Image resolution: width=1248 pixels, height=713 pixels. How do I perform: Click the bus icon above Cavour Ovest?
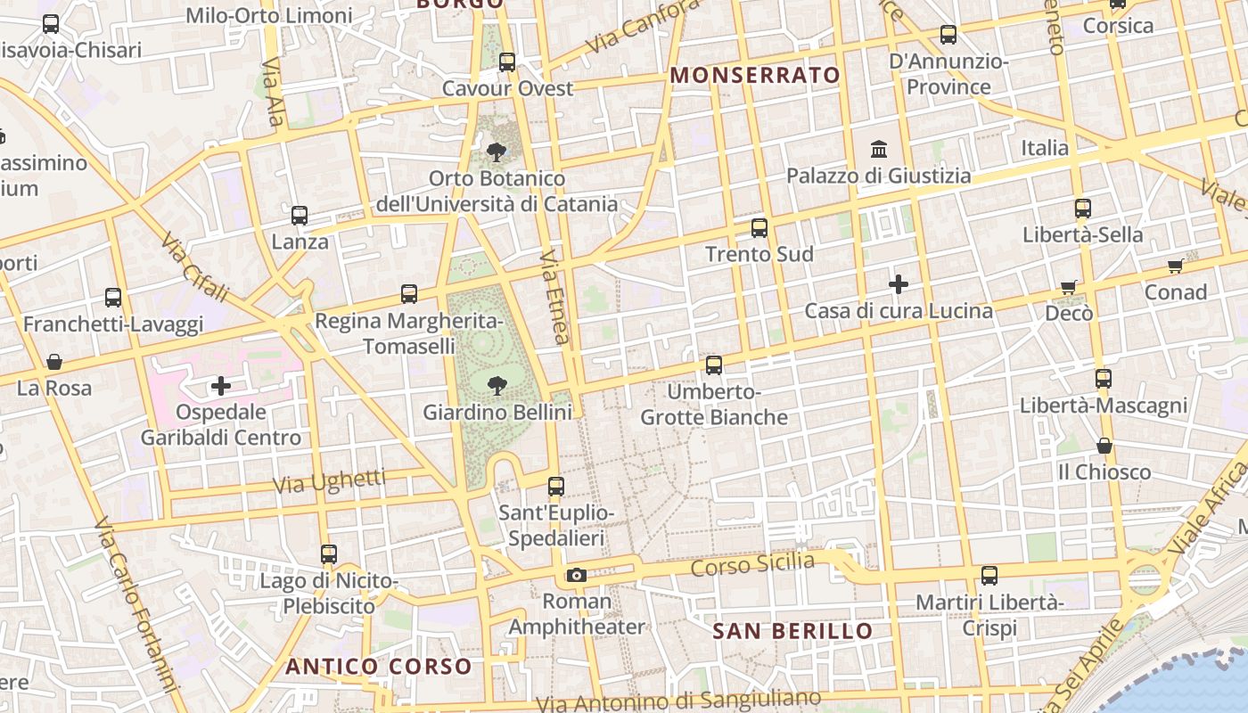click(x=507, y=62)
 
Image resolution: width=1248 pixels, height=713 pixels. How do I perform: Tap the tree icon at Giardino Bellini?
click(x=497, y=385)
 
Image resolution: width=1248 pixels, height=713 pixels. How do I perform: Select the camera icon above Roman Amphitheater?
click(x=577, y=575)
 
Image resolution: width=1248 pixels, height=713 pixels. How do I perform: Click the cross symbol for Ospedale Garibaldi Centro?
click(x=220, y=386)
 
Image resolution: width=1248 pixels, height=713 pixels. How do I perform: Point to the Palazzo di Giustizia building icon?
click(x=879, y=149)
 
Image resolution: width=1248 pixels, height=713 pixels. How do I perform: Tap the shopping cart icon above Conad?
click(x=1175, y=266)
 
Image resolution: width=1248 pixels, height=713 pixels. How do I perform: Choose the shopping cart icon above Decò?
click(x=1069, y=287)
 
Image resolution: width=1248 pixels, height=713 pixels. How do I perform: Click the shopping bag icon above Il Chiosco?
click(x=1104, y=446)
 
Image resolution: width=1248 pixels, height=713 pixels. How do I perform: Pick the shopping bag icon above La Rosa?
click(x=54, y=362)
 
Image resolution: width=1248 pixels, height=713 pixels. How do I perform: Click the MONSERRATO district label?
click(x=755, y=75)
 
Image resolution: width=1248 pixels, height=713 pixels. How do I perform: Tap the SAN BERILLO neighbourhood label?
click(x=792, y=631)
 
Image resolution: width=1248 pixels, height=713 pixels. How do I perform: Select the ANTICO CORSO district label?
click(x=379, y=666)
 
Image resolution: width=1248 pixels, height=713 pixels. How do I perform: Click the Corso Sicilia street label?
click(x=752, y=564)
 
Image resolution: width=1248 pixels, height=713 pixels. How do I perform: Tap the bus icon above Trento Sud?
click(x=759, y=228)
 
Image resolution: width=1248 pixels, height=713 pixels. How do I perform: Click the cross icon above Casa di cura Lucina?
click(x=899, y=285)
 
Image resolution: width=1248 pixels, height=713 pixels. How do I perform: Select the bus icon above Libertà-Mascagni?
click(x=1104, y=379)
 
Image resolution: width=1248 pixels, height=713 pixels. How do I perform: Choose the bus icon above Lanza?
click(x=300, y=216)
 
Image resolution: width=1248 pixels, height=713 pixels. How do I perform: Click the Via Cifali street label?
click(x=195, y=267)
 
